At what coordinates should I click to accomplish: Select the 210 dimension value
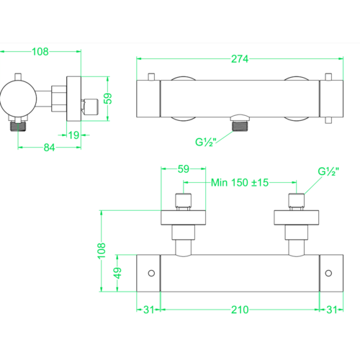pos(240,310)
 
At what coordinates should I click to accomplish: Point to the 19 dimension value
pos(75,134)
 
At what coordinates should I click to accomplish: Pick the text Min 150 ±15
pos(240,183)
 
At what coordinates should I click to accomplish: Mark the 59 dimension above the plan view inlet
pos(182,170)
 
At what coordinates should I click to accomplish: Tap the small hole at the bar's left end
pos(151,273)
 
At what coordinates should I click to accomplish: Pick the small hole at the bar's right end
pos(328,273)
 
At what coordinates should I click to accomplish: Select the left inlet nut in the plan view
pos(183,200)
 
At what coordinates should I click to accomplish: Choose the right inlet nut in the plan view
pos(294,200)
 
